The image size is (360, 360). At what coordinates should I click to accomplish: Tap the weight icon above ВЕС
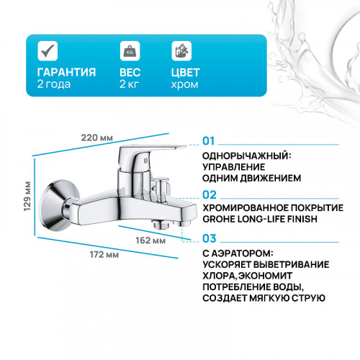tap(129, 51)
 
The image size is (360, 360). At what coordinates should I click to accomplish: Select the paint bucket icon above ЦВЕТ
tap(181, 51)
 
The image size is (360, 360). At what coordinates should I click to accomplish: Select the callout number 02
tap(210, 194)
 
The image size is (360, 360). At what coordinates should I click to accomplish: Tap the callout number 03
tap(210, 238)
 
